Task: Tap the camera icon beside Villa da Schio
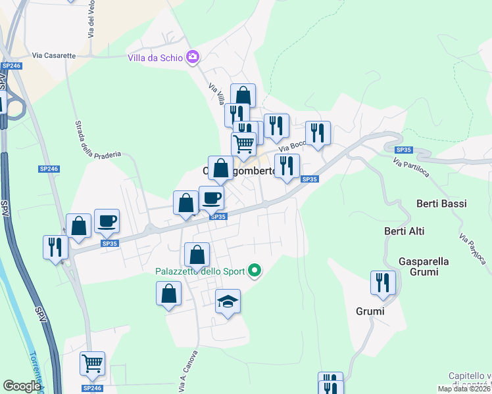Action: click(193, 56)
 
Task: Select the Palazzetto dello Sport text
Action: click(200, 271)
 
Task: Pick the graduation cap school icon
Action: click(228, 301)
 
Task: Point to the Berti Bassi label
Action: click(441, 204)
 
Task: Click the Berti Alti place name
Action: click(404, 231)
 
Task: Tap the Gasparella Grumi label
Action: click(424, 267)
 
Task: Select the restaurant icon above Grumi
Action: click(382, 282)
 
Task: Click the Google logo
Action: click(22, 386)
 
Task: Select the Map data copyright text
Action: click(464, 389)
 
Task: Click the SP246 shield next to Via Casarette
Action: click(11, 66)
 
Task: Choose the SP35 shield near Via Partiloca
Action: click(403, 150)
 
